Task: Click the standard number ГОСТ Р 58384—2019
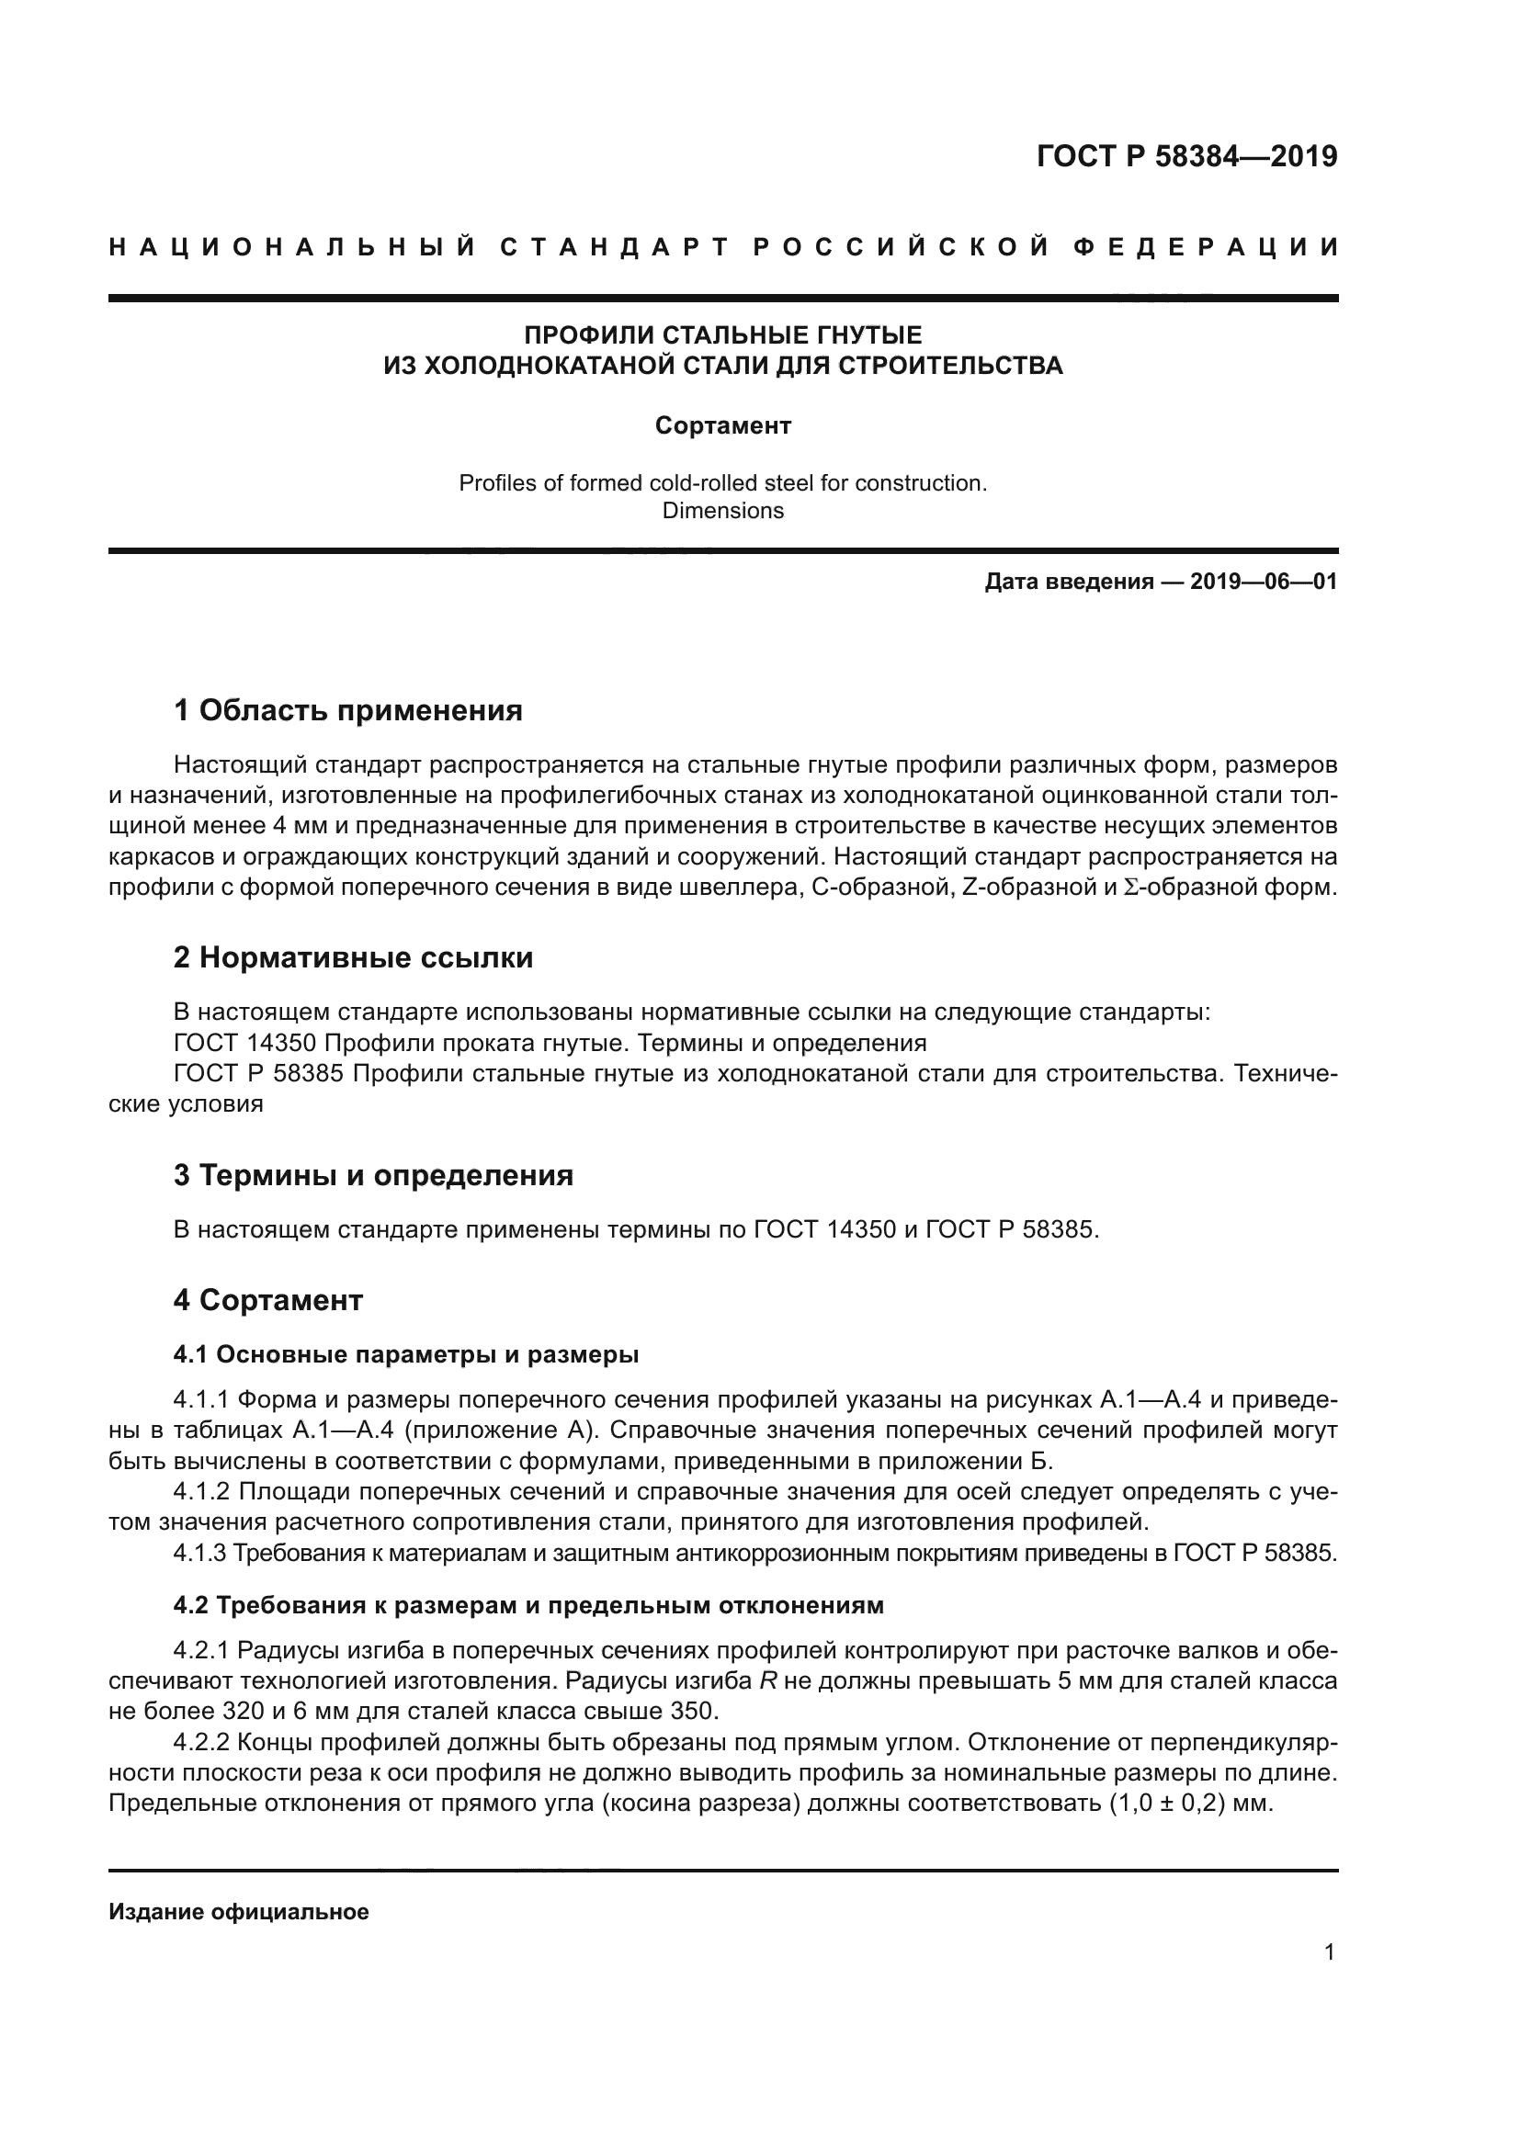pyautogui.click(x=1186, y=156)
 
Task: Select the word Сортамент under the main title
pyautogui.click(x=722, y=426)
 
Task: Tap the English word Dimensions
pyautogui.click(x=722, y=511)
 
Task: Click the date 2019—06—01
pyautogui.click(x=1263, y=582)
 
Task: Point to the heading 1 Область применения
pyautogui.click(x=347, y=710)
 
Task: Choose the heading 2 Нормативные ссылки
pyautogui.click(x=353, y=957)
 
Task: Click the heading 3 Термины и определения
pyautogui.click(x=372, y=1175)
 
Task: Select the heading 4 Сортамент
pyautogui.click(x=267, y=1300)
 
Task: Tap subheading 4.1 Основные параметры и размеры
pyautogui.click(x=405, y=1354)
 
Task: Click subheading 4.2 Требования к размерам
pyautogui.click(x=527, y=1605)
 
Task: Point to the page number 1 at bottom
pyautogui.click(x=1329, y=1952)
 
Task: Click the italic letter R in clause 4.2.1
pyautogui.click(x=767, y=1681)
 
